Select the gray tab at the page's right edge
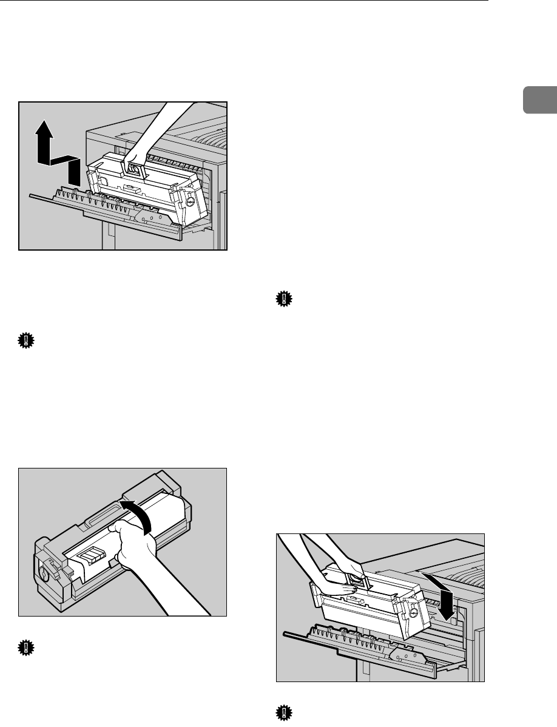547,100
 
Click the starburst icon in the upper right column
283,299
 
